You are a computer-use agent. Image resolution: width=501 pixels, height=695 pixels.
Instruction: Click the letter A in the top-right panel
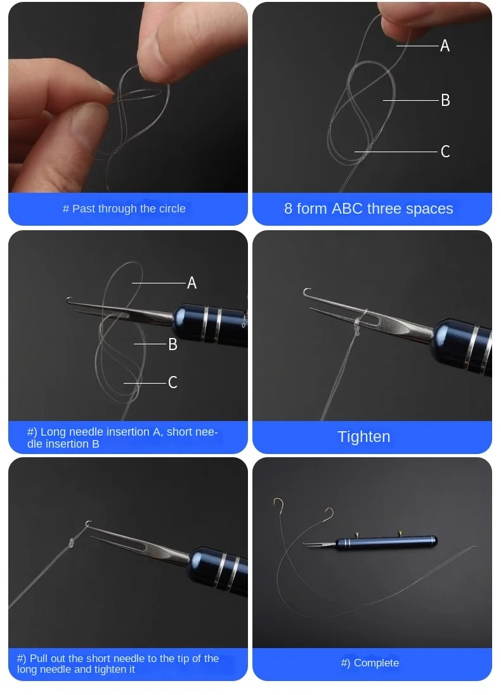coord(445,46)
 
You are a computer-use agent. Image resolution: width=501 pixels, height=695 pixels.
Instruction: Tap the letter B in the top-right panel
coord(446,100)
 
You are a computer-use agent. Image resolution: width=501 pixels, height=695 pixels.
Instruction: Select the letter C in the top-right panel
coord(446,152)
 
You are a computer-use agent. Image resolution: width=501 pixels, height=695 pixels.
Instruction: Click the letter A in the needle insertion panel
coord(192,283)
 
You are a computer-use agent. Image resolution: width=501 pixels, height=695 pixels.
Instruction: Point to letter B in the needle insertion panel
coord(173,344)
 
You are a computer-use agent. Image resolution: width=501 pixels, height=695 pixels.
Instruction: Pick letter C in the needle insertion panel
coord(173,382)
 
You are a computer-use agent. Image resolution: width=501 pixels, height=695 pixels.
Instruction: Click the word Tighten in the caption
coord(363,436)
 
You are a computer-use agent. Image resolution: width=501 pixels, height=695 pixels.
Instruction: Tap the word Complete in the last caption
coord(376,663)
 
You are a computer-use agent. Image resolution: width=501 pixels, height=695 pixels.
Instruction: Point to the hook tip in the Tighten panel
coord(306,292)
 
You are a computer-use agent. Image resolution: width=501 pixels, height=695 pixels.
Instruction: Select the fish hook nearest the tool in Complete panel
coord(329,514)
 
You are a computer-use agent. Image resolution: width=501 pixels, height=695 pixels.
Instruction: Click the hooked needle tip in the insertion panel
coord(69,301)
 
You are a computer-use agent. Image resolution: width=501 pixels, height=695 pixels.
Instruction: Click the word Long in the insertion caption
coord(53,432)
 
